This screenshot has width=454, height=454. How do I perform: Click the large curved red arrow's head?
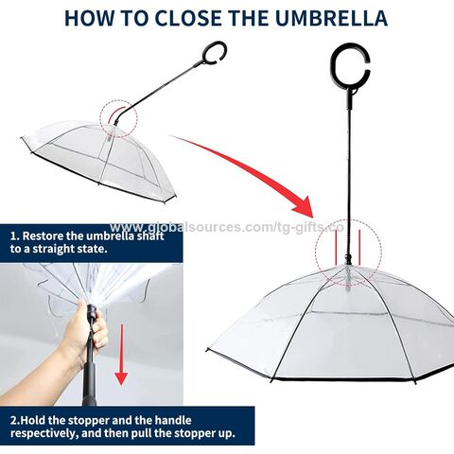coord(304,206)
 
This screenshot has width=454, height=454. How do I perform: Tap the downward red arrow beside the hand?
coord(121,355)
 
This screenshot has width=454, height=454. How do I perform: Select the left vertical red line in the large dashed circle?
coord(337,249)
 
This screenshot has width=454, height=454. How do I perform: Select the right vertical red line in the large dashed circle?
coord(359,246)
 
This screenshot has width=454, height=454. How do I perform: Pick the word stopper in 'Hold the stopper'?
coord(89,421)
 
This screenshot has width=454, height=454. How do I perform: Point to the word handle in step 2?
coord(173,420)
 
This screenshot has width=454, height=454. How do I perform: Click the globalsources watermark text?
coord(226,227)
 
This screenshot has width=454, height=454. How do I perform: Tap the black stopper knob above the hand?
coord(92,312)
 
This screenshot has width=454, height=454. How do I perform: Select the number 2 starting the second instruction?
coord(13,421)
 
